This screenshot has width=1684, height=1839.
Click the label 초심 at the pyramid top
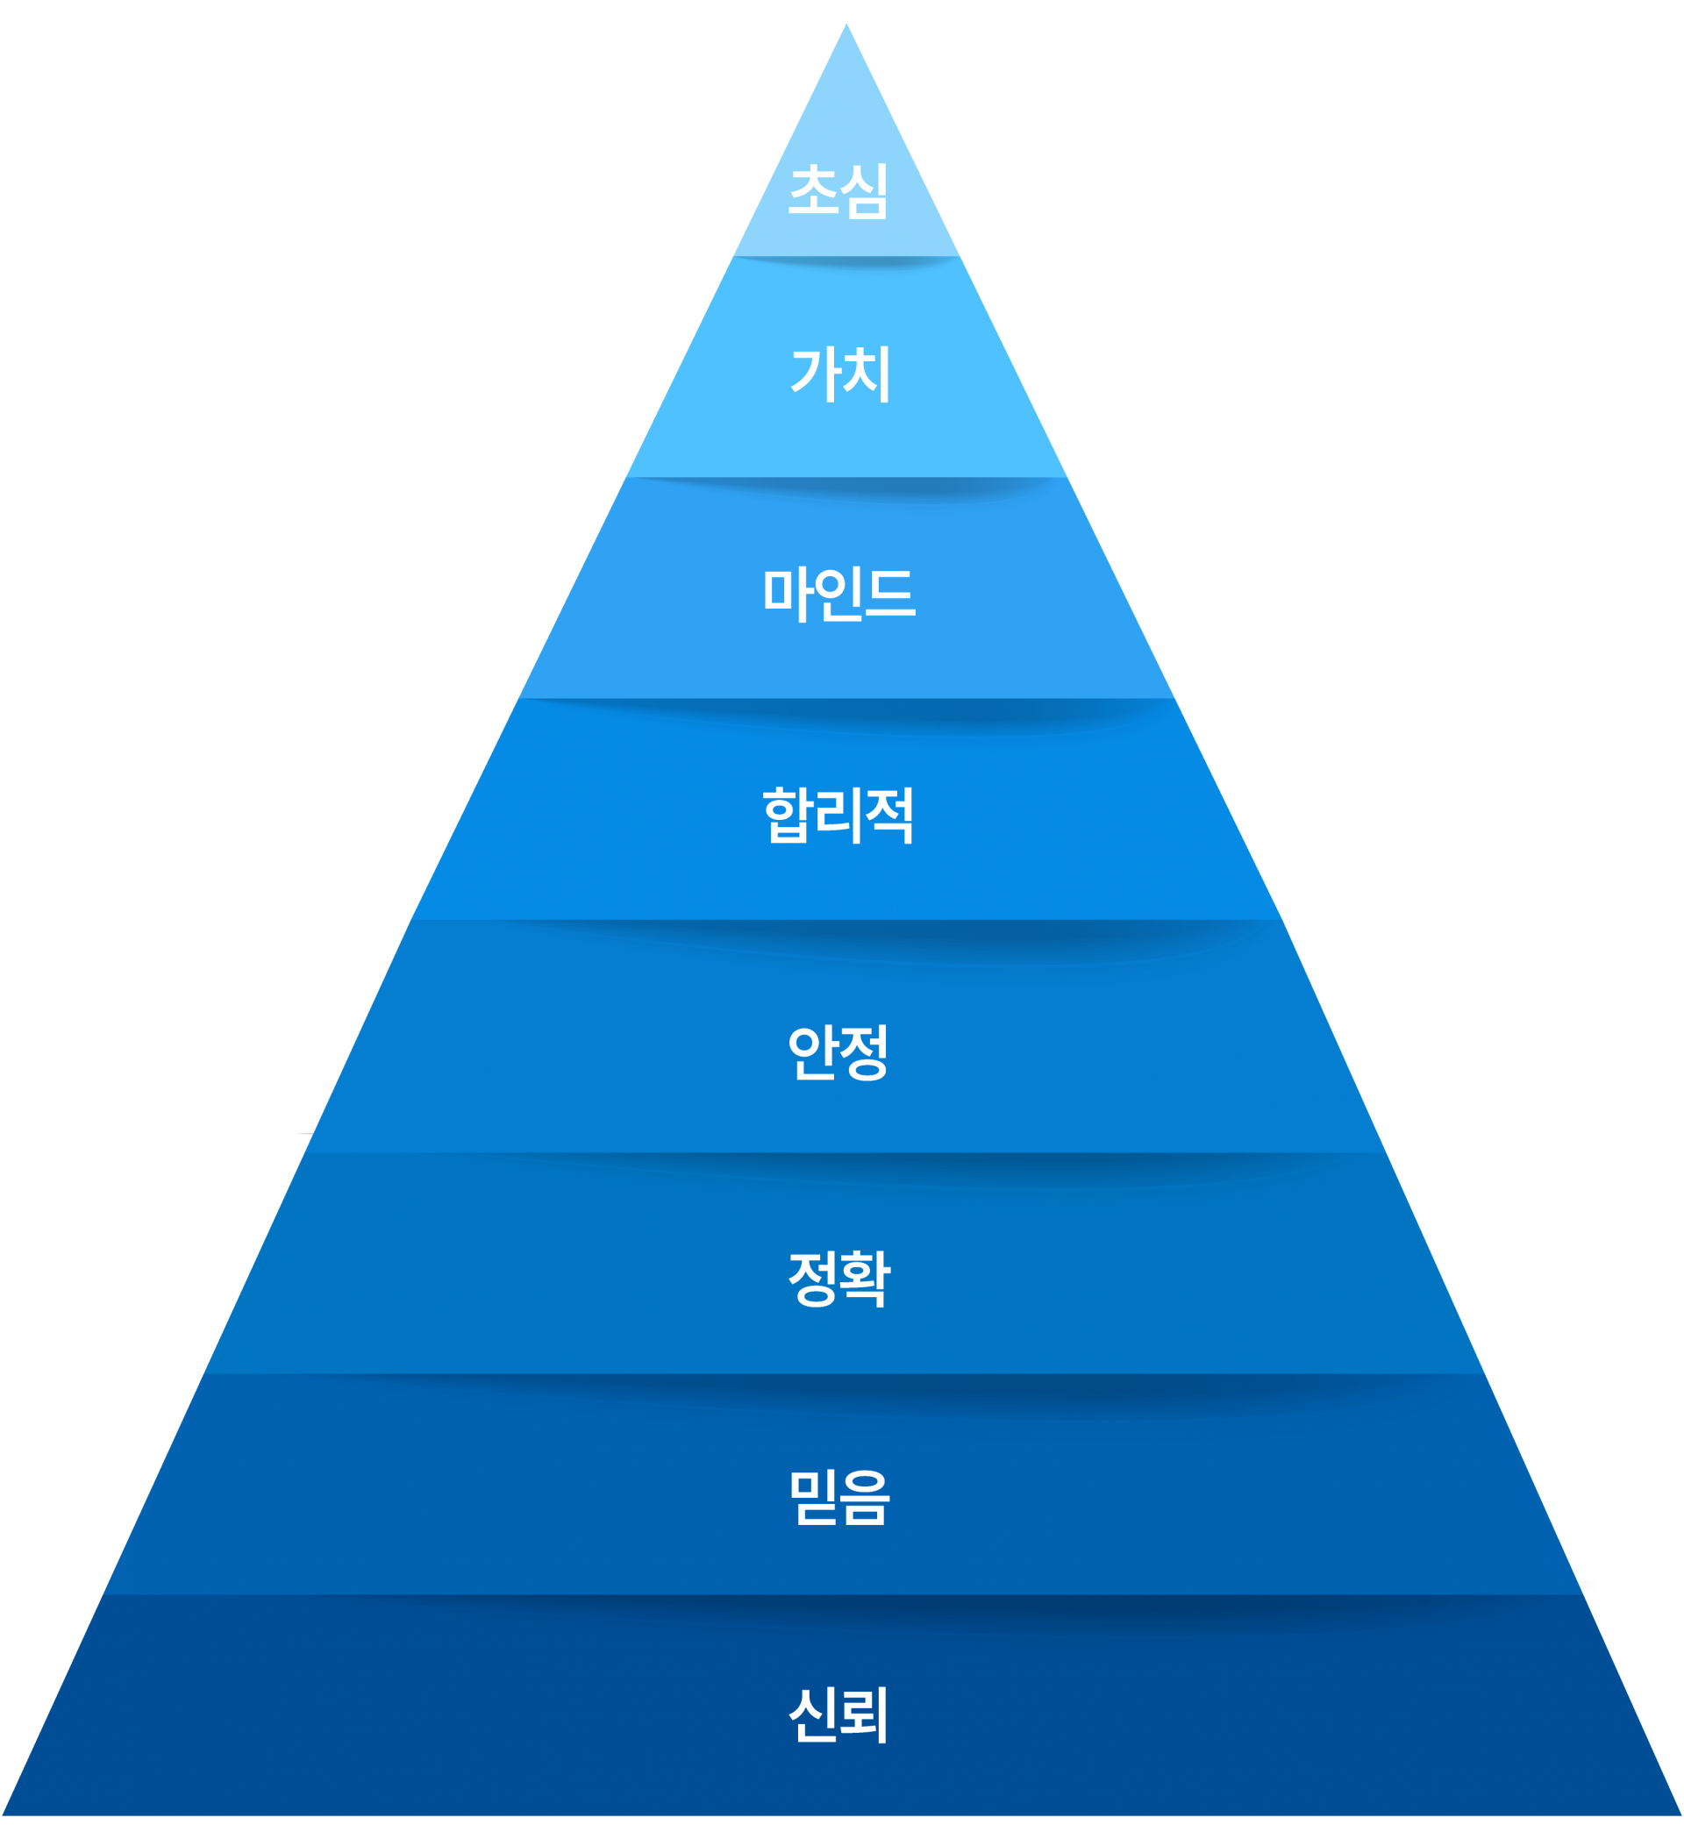[838, 191]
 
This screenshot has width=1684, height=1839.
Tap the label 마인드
[838, 594]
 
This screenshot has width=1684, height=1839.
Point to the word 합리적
[838, 815]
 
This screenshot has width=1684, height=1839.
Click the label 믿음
[838, 1498]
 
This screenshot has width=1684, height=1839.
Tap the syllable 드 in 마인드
[889, 594]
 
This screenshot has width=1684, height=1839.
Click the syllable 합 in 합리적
[788, 815]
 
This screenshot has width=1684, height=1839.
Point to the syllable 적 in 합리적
[888, 815]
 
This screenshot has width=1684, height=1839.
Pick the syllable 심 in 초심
[864, 191]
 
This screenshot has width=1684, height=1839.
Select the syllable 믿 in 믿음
[813, 1498]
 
